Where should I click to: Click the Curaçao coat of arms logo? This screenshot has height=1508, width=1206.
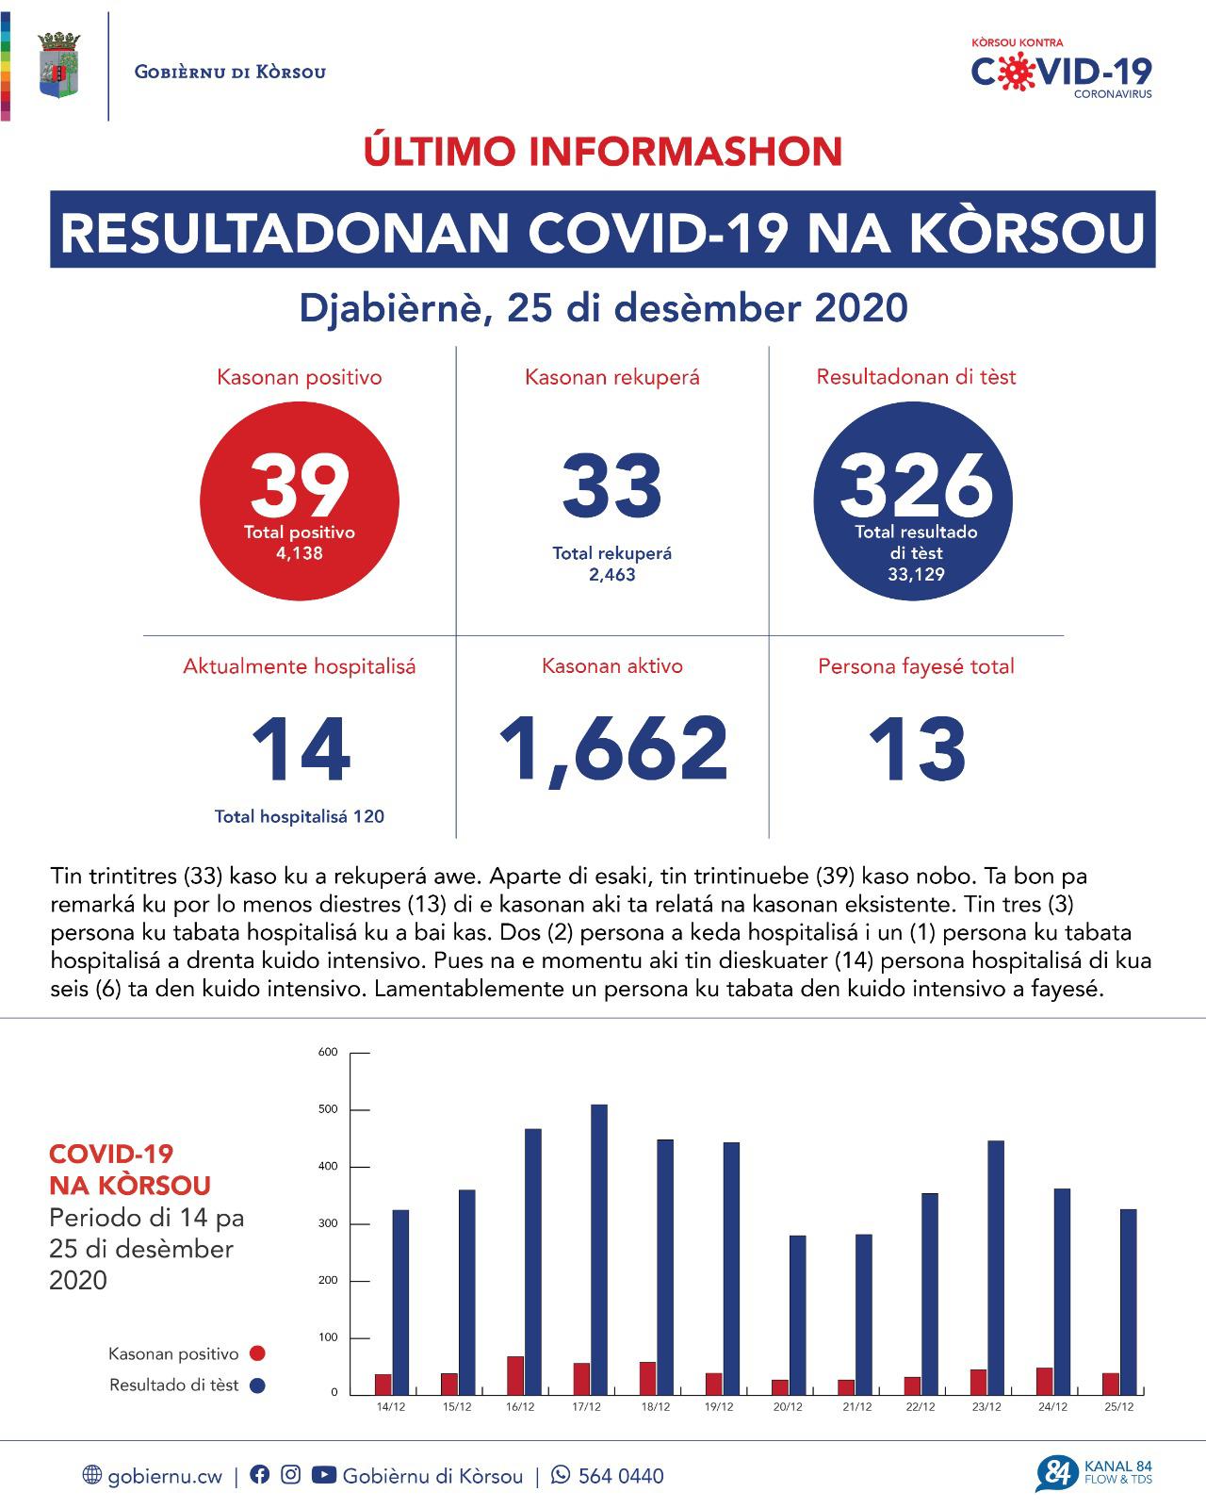pos(57,65)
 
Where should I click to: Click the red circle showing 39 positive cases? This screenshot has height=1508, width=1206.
pos(300,500)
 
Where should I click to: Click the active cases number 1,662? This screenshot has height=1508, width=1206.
pos(612,749)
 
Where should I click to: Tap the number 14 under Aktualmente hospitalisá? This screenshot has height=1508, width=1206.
pos(300,750)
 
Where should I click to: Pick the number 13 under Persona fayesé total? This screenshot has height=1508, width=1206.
pos(916,750)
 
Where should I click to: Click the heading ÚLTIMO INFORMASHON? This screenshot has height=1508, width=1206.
pos(603,152)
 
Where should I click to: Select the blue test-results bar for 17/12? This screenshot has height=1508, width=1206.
pos(599,1249)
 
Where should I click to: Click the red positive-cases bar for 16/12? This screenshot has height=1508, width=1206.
pos(515,1375)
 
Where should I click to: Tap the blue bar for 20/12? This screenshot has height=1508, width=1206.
pos(797,1315)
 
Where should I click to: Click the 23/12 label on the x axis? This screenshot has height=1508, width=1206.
pos(986,1407)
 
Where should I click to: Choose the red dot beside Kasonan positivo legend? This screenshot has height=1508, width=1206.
pos(257,1353)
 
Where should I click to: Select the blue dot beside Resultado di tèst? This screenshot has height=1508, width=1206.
pos(257,1385)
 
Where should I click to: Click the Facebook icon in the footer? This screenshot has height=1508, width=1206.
pos(260,1475)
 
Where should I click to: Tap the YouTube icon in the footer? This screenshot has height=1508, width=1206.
pos(323,1475)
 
